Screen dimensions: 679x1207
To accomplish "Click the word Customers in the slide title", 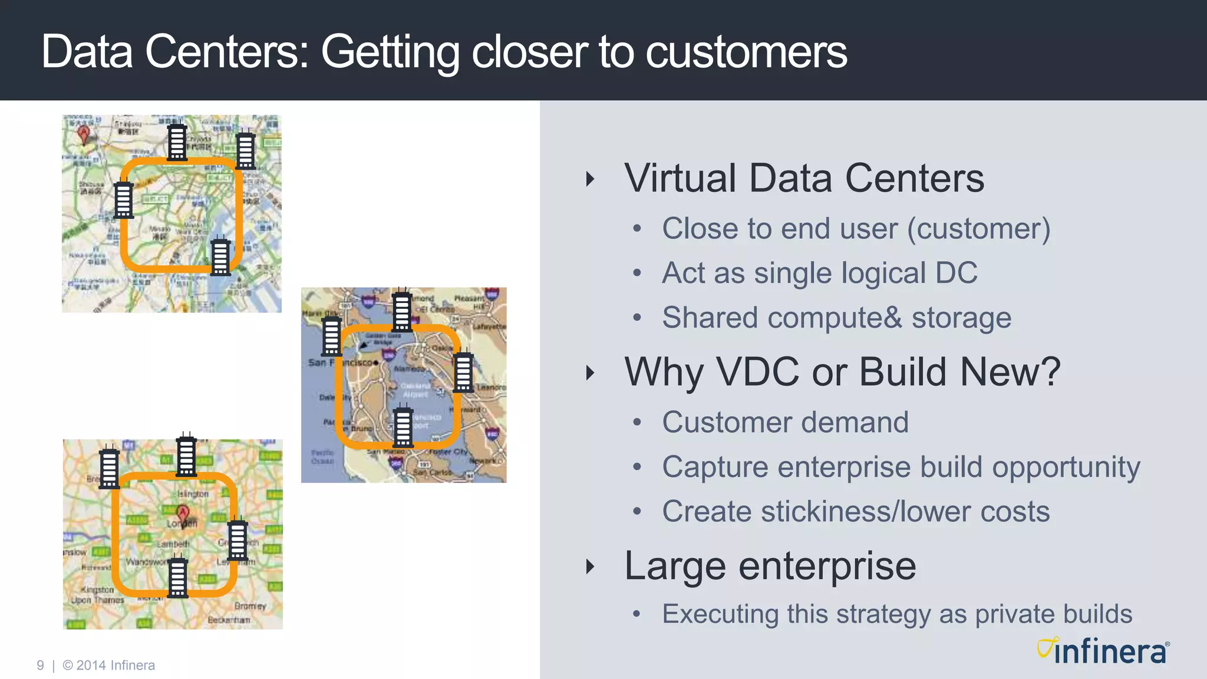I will (746, 52).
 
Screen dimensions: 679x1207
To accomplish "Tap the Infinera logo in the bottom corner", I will (1103, 651).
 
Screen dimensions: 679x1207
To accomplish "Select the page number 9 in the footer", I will (40, 665).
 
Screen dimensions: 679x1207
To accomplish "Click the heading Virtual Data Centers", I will (804, 178).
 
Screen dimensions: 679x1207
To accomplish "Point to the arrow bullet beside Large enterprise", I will (590, 566).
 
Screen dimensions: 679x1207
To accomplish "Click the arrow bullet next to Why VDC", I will (590, 373).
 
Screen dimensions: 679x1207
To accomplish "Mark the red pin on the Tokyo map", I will (84, 135).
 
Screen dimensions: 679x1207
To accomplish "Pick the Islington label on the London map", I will (193, 493).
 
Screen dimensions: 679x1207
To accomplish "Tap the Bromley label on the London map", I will (250, 605).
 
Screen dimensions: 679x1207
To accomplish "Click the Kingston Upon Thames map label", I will (97, 595).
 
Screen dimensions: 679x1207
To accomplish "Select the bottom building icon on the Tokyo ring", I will (221, 256).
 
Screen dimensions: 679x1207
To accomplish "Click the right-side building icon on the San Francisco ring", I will (463, 372).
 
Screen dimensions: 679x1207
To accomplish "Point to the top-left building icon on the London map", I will (109, 468).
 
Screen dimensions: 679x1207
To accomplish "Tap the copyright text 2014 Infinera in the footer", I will (116, 665).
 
